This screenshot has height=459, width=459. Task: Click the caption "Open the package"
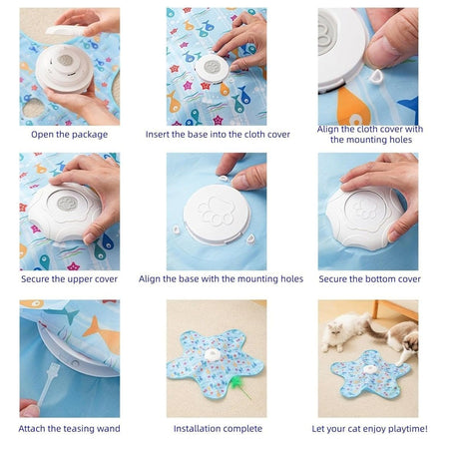(x=69, y=135)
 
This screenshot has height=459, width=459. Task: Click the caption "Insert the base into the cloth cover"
(x=218, y=135)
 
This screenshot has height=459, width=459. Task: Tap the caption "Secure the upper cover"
(x=69, y=279)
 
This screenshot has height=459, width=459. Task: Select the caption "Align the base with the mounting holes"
(x=221, y=278)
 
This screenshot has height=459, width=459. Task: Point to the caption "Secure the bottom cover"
(x=369, y=279)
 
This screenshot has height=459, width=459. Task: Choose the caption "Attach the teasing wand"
(x=69, y=428)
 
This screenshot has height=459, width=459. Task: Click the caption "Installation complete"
(x=218, y=428)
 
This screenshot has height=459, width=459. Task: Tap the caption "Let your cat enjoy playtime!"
(x=369, y=429)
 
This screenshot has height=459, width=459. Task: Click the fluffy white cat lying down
(x=344, y=330)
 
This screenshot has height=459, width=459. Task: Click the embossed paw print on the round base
(x=217, y=212)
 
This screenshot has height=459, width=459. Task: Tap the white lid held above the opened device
(x=66, y=30)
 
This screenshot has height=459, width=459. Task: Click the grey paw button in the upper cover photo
(x=67, y=204)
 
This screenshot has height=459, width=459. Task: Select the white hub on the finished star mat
(x=213, y=354)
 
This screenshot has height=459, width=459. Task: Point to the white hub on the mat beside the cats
(x=370, y=369)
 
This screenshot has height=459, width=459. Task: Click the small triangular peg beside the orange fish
(x=376, y=77)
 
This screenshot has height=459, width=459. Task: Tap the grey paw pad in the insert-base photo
(x=212, y=67)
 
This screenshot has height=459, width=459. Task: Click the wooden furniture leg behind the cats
(x=375, y=309)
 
